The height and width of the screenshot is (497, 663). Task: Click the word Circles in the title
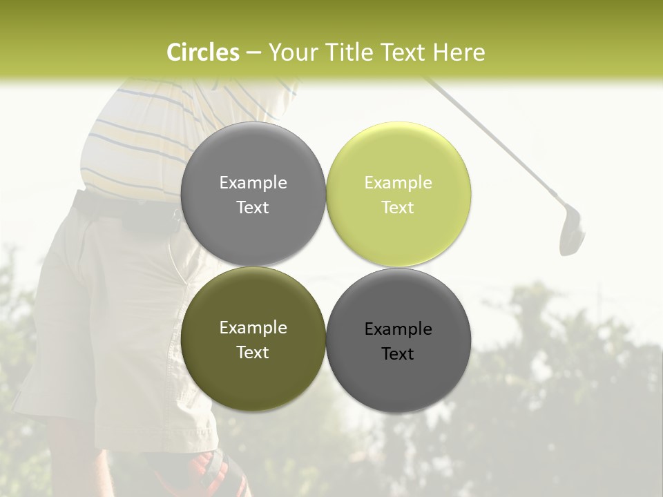point(202,52)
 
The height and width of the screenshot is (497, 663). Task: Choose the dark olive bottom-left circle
point(253,373)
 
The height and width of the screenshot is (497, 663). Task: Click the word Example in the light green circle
point(398,183)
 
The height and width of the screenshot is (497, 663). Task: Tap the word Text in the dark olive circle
point(253,353)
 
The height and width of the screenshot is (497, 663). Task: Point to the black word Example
point(398,329)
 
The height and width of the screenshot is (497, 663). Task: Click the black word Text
point(398,354)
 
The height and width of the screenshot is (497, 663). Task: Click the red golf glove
point(211,473)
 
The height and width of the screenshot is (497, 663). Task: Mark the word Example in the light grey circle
point(253,183)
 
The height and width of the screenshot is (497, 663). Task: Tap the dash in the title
point(253,52)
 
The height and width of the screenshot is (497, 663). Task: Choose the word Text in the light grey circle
point(253,208)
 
